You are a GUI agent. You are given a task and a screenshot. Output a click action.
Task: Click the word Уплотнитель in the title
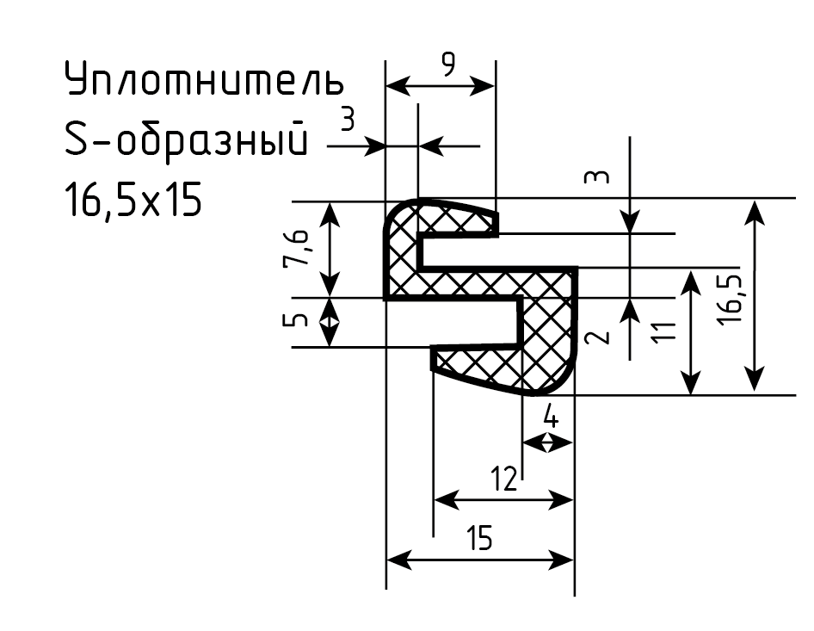(204, 79)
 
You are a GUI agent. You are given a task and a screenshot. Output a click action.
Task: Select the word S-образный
(187, 138)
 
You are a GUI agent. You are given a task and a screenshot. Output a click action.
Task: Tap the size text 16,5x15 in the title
(133, 201)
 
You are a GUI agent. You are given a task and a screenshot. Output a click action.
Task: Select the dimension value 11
(665, 331)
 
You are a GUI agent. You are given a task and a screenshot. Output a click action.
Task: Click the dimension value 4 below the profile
(551, 417)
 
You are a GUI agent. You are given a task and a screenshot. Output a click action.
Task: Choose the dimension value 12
(504, 479)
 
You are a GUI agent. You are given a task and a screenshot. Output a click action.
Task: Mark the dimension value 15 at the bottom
(479, 537)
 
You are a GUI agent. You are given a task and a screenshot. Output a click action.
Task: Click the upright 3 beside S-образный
(348, 119)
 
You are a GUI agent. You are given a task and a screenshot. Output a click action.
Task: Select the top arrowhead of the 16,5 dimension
(754, 212)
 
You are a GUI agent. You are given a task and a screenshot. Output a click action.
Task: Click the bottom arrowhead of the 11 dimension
(690, 382)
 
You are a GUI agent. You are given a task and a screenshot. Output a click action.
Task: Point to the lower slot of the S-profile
(452, 323)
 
